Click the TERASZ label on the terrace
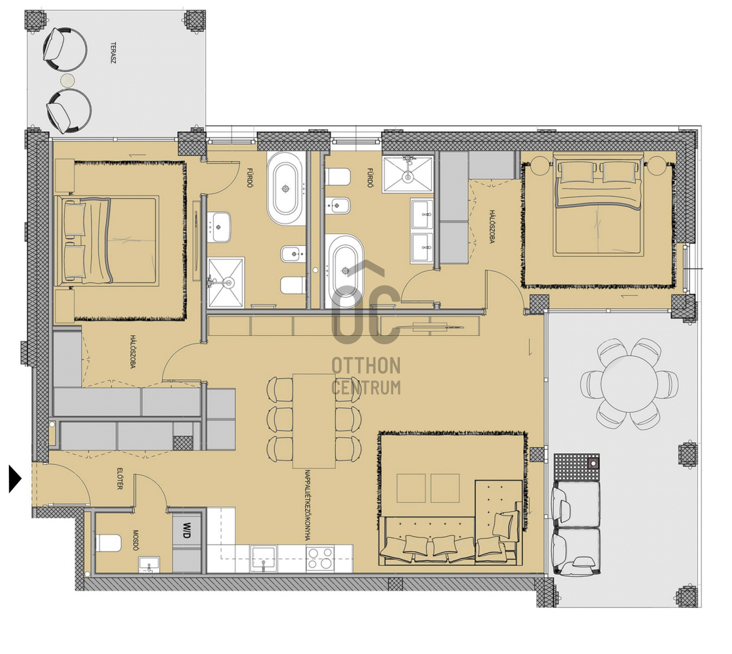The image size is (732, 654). coord(113,53)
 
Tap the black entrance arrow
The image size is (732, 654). coord(15,479)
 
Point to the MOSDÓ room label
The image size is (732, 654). coord(136,540)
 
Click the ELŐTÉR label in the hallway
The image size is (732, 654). coord(120,479)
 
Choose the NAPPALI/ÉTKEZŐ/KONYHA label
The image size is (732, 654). coord(308,505)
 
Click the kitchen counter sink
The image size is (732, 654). coord(264,558)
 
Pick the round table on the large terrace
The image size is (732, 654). coord(630,384)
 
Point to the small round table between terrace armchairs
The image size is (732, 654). coord(67,80)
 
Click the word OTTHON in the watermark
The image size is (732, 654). coord(366,365)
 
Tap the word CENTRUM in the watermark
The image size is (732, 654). coord(366,388)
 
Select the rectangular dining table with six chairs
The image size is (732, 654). coord(314,420)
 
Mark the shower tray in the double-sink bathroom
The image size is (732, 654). coord(408,175)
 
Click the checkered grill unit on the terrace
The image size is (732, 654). coord(577,467)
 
